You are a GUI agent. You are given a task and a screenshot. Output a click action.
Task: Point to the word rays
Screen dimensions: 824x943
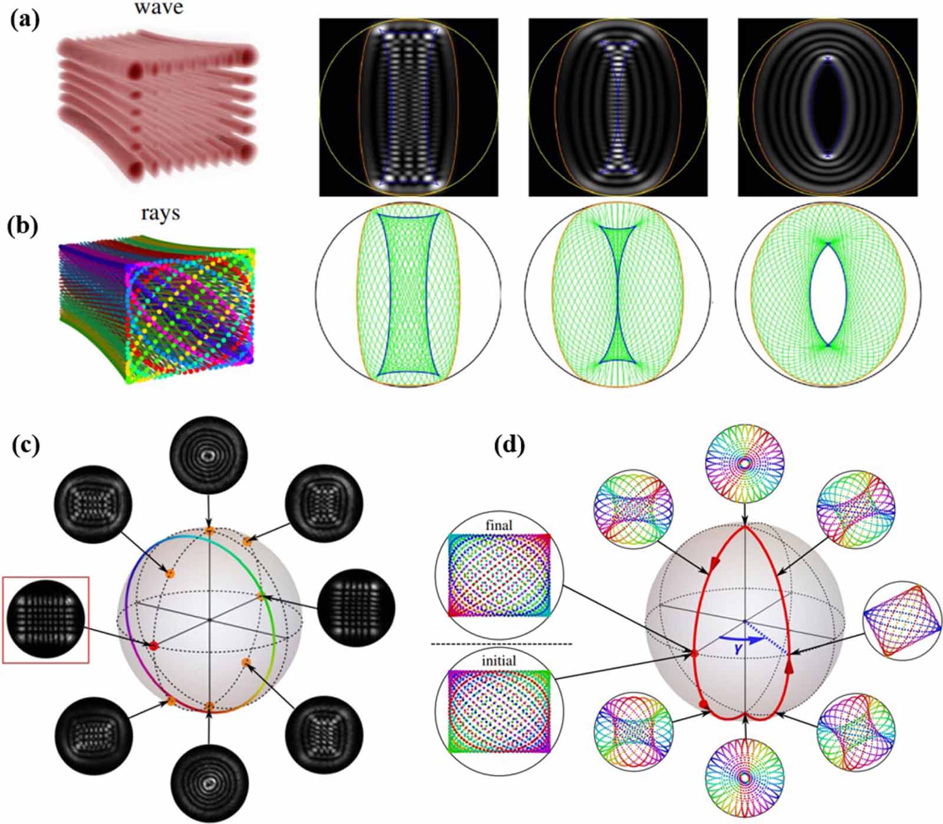click(160, 212)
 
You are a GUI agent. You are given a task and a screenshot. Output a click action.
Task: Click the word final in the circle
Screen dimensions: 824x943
click(499, 525)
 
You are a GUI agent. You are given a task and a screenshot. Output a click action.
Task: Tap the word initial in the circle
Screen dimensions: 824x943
click(499, 661)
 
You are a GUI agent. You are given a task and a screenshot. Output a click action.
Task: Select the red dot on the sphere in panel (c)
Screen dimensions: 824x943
click(153, 646)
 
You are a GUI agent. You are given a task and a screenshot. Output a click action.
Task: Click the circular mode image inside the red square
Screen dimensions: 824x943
click(45, 619)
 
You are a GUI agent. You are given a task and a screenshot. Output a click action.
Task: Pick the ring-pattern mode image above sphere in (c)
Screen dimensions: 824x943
click(208, 455)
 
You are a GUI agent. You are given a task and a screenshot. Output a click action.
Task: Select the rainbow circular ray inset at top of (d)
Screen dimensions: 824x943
click(744, 464)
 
